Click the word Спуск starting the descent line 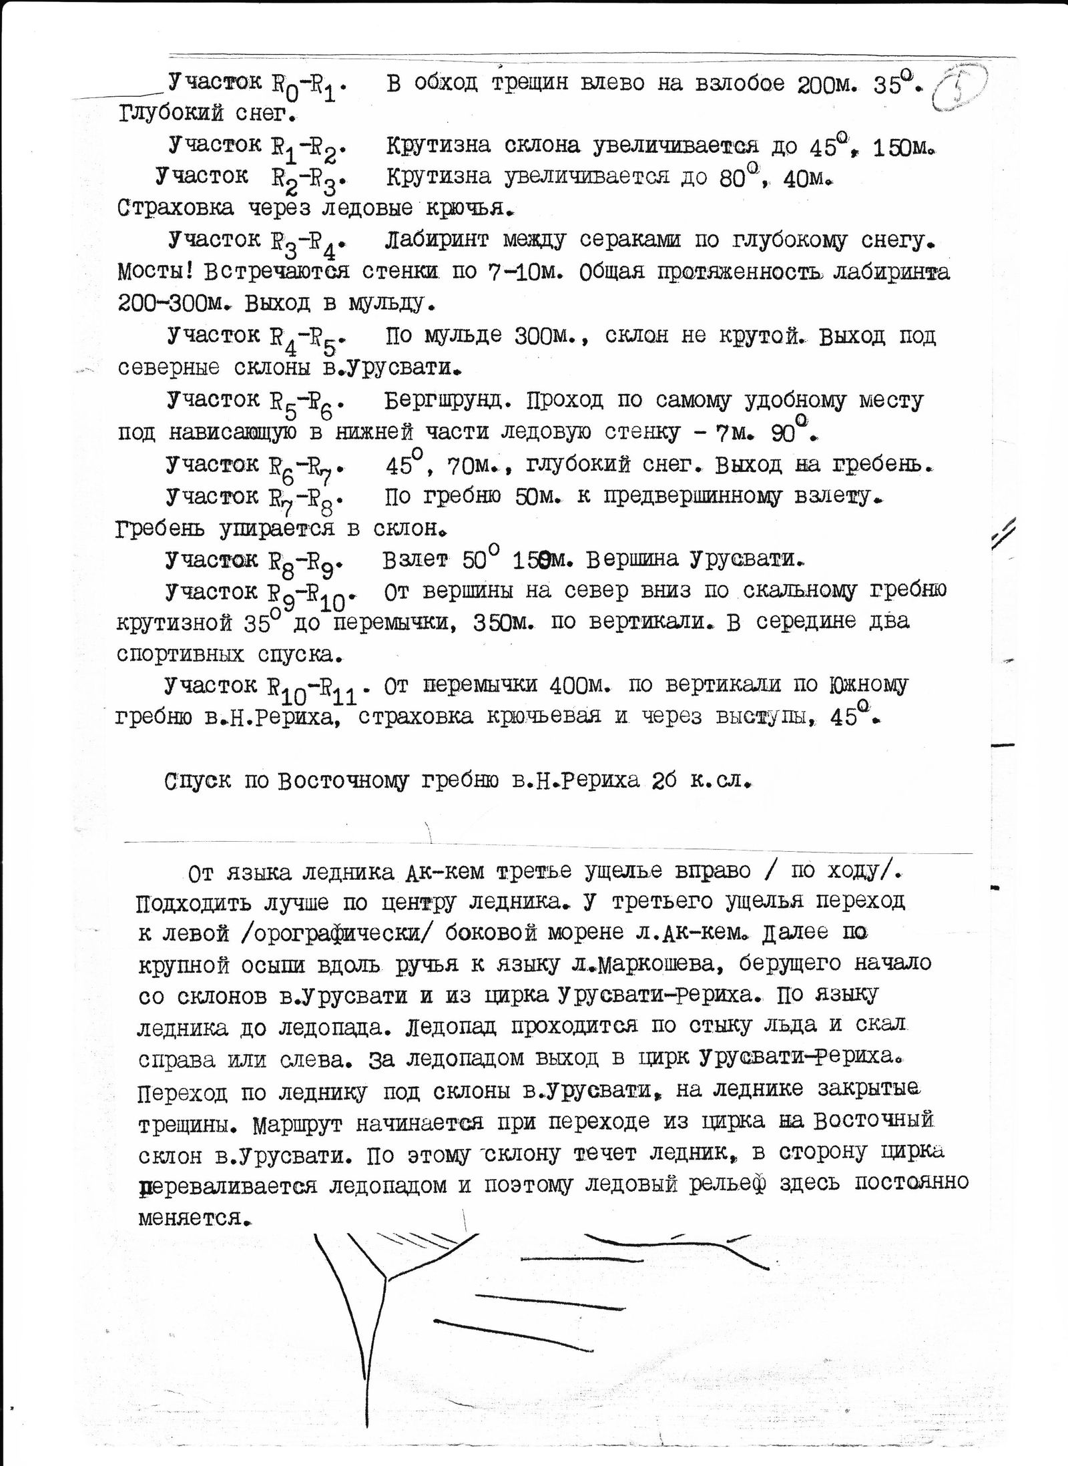[199, 780]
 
